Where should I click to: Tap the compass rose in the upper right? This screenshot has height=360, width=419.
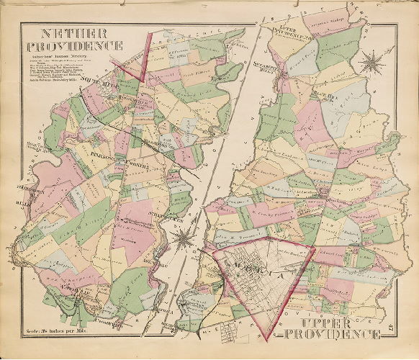pyautogui.click(x=373, y=62)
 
